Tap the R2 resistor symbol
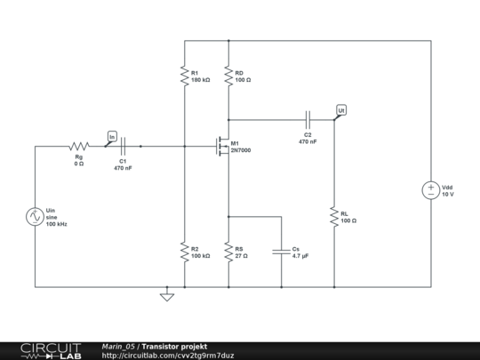(x=184, y=252)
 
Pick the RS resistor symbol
(x=228, y=252)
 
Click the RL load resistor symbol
(x=334, y=217)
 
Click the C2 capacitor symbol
(x=308, y=119)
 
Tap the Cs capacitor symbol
(x=281, y=252)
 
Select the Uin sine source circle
(x=36, y=216)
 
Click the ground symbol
(x=166, y=295)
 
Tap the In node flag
(x=112, y=136)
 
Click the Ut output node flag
(x=341, y=109)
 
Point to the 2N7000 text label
(x=241, y=151)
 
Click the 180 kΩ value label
(x=201, y=80)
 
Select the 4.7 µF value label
(x=300, y=256)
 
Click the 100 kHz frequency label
(x=57, y=224)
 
